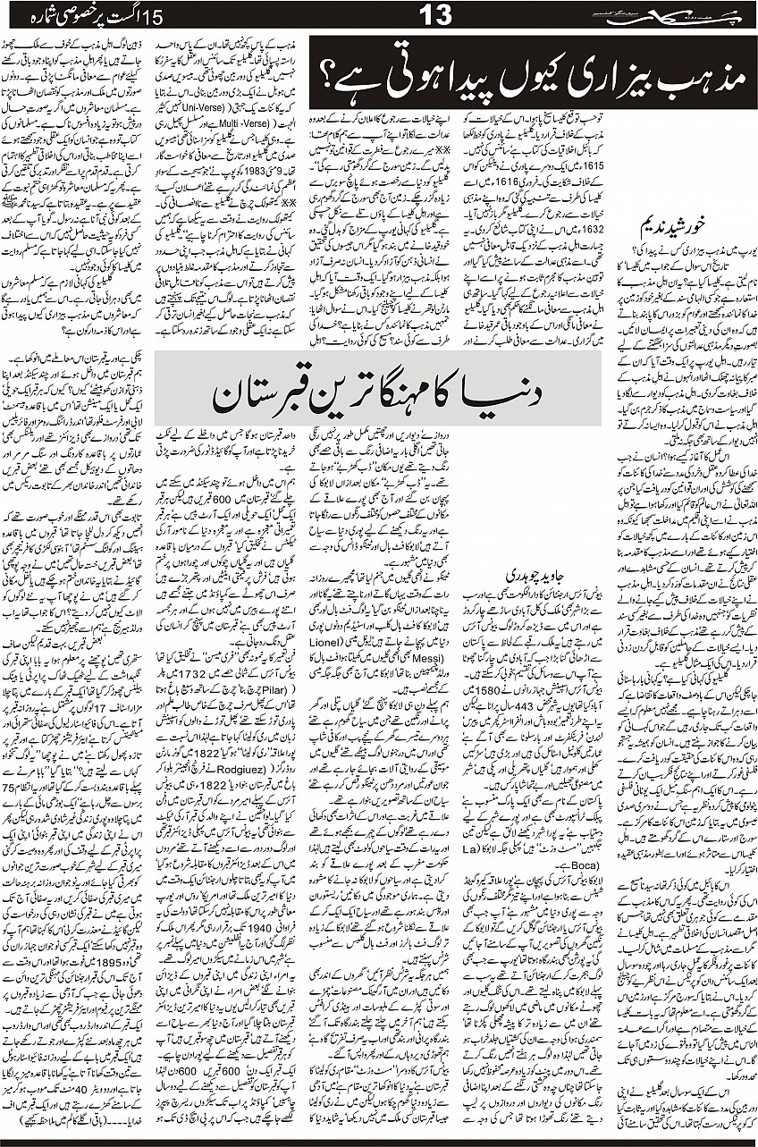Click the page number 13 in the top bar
[434, 15]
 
